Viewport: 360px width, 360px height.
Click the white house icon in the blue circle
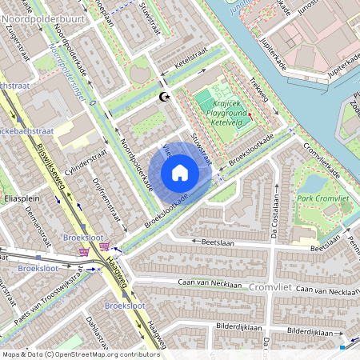[x=180, y=173]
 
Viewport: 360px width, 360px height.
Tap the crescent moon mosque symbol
[x=165, y=97]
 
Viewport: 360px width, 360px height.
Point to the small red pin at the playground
[x=250, y=116]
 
